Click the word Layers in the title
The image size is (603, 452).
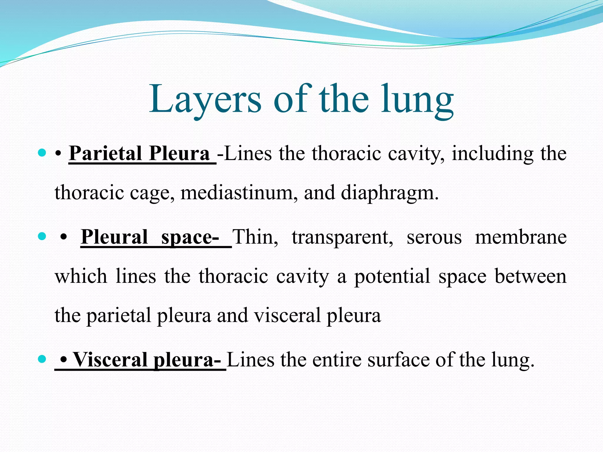[205, 99]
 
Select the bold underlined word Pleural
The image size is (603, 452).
[114, 237]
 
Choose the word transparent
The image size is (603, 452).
[342, 237]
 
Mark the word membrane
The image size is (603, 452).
[521, 237]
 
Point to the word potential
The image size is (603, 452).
[392, 277]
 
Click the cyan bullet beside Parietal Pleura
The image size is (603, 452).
[42, 153]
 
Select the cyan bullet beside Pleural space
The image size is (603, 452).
[42, 236]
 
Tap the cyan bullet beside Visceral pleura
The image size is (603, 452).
[42, 359]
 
